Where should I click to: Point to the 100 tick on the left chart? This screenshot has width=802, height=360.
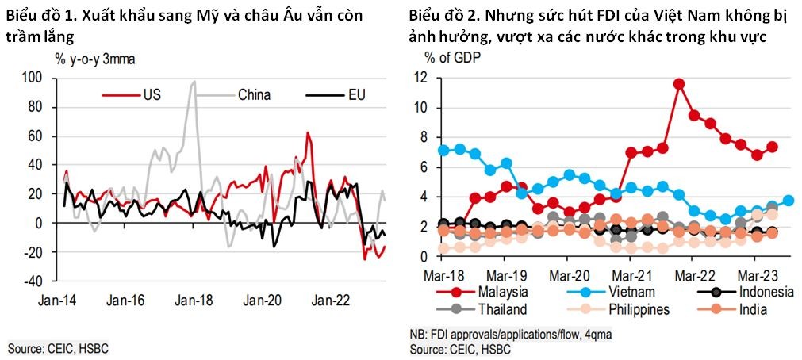point(33,78)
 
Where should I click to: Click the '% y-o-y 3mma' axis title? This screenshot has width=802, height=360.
point(90,58)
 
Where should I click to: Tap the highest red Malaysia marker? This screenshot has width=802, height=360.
point(678,83)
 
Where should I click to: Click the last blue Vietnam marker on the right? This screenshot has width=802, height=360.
point(789,201)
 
